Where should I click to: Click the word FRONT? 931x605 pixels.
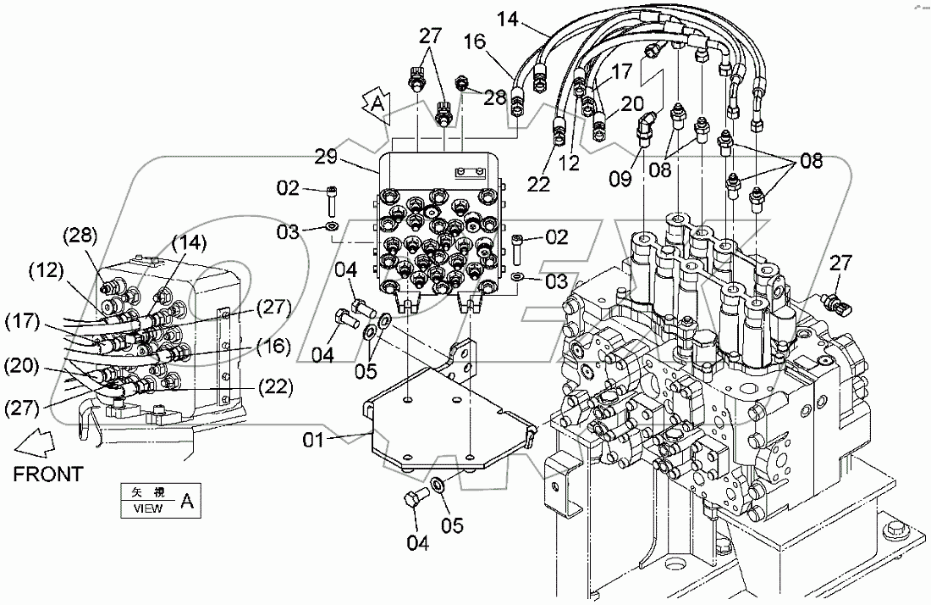(48, 474)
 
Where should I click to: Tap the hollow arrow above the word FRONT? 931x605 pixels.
(34, 440)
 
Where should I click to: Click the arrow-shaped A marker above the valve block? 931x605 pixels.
(378, 104)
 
